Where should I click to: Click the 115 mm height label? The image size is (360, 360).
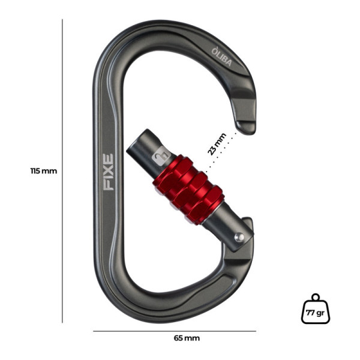(x=44, y=171)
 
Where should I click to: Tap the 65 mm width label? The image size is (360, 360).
(x=187, y=338)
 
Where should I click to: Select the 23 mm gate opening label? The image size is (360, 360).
(x=217, y=144)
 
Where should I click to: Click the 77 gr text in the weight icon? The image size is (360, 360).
(x=315, y=313)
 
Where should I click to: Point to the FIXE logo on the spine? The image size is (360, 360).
(x=109, y=172)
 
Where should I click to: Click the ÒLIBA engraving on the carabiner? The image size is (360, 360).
(x=221, y=56)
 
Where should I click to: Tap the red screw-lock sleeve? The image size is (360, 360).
(x=188, y=190)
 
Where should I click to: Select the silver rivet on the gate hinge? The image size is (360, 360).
(x=239, y=237)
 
